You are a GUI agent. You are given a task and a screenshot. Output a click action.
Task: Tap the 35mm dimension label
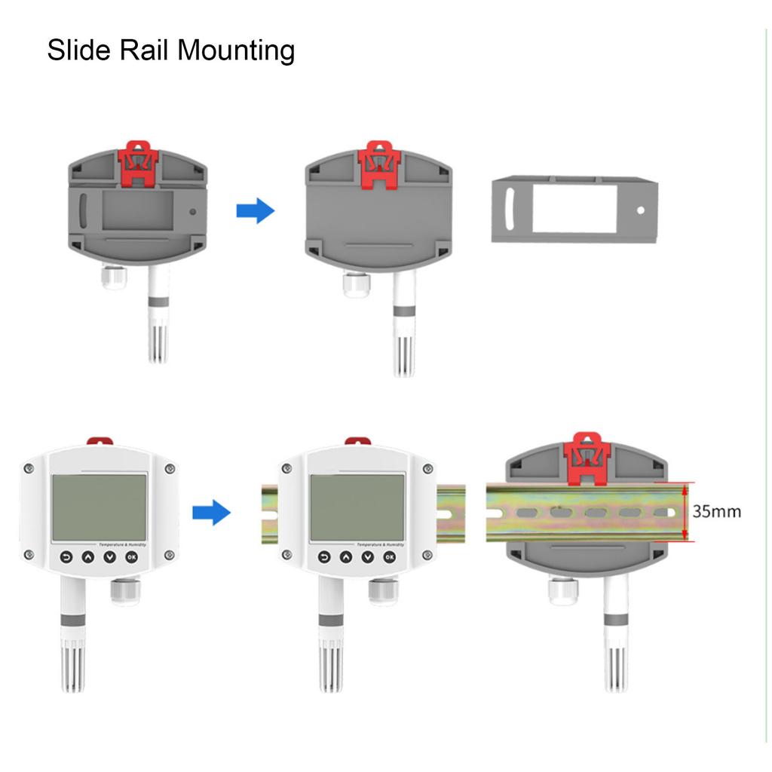tap(716, 512)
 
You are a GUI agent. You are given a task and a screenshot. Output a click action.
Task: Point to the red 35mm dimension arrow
tap(684, 512)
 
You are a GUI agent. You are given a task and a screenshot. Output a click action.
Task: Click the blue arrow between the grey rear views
tap(256, 211)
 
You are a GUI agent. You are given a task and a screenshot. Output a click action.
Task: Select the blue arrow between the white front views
tap(211, 513)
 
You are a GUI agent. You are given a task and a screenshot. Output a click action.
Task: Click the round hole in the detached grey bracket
tap(641, 210)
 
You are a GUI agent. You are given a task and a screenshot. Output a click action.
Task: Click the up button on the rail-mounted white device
tap(346, 557)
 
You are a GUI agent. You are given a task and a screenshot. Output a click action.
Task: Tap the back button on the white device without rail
tap(66, 557)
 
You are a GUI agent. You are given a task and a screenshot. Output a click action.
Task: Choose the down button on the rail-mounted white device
tap(368, 557)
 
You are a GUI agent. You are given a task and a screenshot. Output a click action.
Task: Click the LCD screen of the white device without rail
tap(99, 507)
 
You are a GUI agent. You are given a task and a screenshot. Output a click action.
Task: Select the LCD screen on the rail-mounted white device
tap(357, 507)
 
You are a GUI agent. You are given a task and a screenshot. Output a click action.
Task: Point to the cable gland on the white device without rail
tap(123, 592)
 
